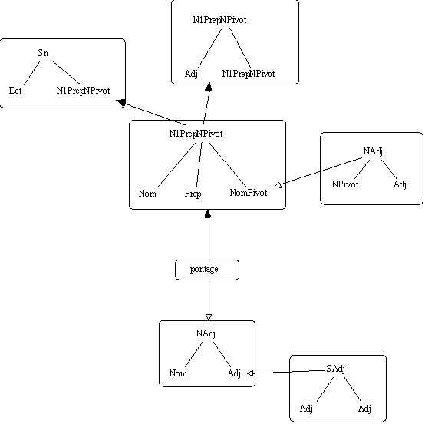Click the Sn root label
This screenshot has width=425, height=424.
click(43, 53)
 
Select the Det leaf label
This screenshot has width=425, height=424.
click(15, 91)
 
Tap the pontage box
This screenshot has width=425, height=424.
click(207, 270)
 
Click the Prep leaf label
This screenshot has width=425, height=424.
click(193, 194)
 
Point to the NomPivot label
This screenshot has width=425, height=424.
click(249, 193)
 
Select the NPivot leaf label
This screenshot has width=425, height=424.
click(345, 184)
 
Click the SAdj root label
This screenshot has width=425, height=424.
click(335, 369)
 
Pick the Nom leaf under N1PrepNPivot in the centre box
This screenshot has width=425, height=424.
click(147, 194)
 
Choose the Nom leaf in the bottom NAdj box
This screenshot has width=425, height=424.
click(178, 373)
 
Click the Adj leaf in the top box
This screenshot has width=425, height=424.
click(191, 74)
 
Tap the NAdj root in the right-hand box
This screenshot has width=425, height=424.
click(373, 151)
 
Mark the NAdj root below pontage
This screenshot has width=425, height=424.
click(206, 333)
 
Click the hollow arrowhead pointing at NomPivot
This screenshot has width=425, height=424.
click(278, 185)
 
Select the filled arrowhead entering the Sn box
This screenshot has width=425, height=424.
click(121, 103)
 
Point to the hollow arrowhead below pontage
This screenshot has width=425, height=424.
click(209, 317)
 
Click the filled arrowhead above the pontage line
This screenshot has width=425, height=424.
click(208, 214)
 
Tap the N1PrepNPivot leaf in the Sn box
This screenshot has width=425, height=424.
click(83, 91)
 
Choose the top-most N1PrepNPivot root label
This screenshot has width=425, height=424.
click(219, 20)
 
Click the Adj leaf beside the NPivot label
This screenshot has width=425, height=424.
click(400, 184)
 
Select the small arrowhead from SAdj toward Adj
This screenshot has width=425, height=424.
click(250, 373)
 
